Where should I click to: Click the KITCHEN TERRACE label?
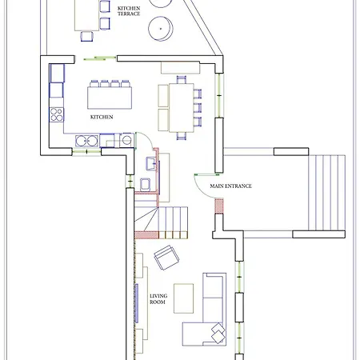[x=129, y=11]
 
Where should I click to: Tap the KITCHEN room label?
[x=102, y=117]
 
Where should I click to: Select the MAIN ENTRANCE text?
[x=231, y=186]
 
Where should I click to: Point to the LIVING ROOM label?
[x=158, y=298]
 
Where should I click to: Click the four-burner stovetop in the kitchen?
[x=57, y=114]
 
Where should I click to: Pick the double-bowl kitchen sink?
[x=86, y=141]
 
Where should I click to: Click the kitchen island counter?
[x=110, y=98]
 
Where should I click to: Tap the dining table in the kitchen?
[x=182, y=108]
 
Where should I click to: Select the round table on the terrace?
[x=161, y=29]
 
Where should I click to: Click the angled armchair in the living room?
[x=166, y=258]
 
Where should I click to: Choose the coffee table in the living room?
[x=183, y=298]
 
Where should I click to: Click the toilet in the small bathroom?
[x=146, y=185]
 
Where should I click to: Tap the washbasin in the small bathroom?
[x=151, y=163]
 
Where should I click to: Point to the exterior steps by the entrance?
[x=327, y=193]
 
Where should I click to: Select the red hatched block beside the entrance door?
[x=219, y=206]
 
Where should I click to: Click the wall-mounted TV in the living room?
[x=137, y=303]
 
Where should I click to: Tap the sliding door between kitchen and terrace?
[x=99, y=58]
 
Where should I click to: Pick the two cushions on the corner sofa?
[x=218, y=333]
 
